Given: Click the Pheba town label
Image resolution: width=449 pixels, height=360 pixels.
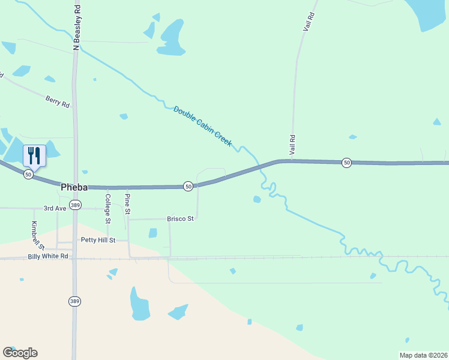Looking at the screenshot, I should click(74, 187).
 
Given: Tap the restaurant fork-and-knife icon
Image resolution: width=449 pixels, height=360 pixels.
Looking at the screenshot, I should click(34, 156).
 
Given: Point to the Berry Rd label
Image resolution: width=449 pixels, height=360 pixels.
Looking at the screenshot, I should click(58, 101).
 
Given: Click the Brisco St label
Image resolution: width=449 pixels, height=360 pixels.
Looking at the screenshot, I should click(180, 219).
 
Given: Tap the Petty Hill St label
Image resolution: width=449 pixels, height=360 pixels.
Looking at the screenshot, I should click(98, 240).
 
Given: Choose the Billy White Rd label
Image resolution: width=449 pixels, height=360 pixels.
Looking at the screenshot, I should click(48, 256).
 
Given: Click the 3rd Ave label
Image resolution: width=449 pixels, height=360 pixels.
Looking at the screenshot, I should click(56, 208).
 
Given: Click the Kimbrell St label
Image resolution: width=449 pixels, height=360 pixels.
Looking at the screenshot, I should click(38, 236).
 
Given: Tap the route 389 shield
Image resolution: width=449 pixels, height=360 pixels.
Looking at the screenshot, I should click(74, 205).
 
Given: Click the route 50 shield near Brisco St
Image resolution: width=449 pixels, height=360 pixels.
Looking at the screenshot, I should click(188, 187).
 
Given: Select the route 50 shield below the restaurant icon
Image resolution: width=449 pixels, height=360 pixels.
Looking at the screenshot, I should click(28, 174).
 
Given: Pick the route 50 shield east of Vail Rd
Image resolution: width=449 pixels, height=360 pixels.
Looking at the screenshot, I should click(346, 163).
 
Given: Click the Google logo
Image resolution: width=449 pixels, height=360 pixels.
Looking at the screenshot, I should click(20, 353).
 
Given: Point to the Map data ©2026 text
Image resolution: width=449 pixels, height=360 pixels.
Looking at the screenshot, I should click(423, 355).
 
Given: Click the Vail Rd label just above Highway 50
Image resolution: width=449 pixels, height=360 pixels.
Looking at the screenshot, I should click(292, 145).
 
